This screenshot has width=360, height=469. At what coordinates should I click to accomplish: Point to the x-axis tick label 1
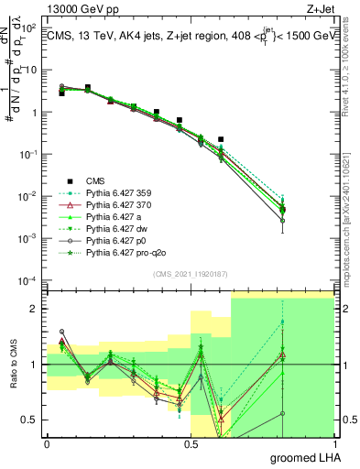(x=333, y=442)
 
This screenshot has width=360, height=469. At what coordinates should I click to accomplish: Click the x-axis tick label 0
(x=47, y=442)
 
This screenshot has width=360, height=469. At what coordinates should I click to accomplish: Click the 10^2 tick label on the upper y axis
(x=30, y=27)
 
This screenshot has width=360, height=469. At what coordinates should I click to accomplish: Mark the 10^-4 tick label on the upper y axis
(x=30, y=280)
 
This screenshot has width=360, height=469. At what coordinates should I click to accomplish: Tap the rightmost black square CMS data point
(x=221, y=139)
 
